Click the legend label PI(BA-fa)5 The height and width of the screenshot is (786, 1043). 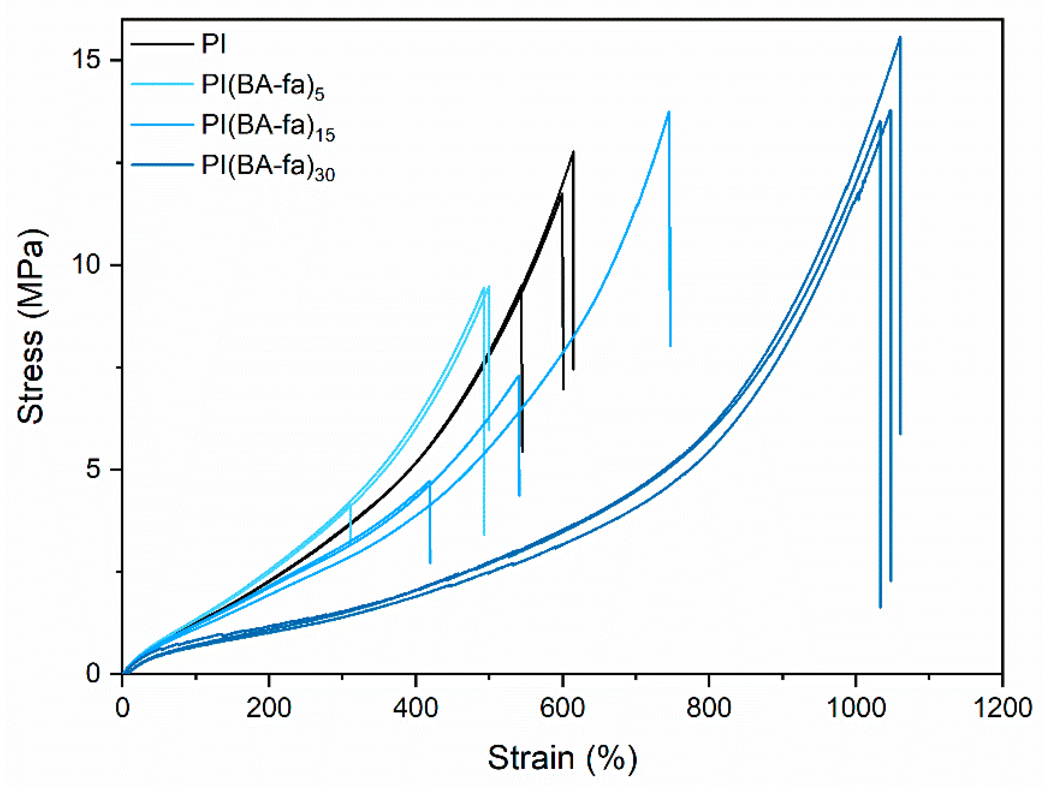point(263,86)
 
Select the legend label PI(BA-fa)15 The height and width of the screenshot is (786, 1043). point(268,126)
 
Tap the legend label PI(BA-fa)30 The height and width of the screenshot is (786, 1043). point(268,167)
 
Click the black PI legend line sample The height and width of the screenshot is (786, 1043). point(162,44)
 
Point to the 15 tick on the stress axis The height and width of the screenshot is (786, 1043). point(87,60)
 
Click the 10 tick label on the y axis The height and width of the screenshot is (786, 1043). point(87,265)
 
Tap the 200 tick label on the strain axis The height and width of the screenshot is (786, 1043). point(269,708)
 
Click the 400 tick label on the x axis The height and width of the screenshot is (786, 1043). point(415,708)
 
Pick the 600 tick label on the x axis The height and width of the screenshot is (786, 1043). point(562,708)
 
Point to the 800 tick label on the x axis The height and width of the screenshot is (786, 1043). point(709,708)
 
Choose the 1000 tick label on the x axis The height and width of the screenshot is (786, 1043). point(855,708)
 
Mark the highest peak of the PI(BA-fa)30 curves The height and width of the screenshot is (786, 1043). point(900,37)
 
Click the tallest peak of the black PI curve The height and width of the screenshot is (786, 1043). point(573,152)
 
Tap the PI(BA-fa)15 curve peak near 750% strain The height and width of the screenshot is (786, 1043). point(669,112)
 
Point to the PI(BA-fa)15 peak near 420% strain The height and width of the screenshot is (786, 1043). point(429,481)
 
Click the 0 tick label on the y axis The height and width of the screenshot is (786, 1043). point(94,673)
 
